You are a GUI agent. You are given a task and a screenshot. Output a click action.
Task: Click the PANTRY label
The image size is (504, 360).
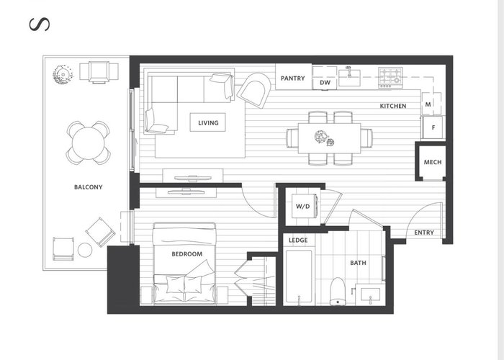coord(292,78)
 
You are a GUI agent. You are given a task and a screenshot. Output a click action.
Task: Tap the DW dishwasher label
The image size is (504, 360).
coord(325,83)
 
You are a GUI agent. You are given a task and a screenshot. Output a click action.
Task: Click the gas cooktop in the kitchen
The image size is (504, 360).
coord(390,78)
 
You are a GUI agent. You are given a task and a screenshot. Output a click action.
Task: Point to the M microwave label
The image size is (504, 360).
coord(428,104)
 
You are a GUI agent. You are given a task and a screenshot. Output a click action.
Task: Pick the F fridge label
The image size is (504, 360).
coord(433,127)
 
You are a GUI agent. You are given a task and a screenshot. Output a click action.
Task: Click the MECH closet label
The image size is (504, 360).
coord(433,162)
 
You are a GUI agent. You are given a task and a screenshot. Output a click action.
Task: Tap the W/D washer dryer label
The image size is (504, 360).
coord(303,207)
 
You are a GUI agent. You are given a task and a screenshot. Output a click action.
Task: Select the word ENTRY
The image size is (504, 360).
coord(424,233)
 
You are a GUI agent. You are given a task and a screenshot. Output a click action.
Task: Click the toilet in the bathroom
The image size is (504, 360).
coord(338,292)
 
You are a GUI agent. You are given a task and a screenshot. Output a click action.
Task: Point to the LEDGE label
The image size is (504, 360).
coord(298,240)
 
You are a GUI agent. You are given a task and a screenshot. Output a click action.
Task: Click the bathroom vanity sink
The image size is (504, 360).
coord(370,295)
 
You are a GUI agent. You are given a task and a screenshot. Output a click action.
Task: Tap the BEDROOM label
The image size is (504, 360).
coord(187,254)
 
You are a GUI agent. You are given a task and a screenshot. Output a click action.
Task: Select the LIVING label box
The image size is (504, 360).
coord(208,122)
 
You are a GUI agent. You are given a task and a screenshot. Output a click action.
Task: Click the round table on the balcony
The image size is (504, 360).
coord(89,143)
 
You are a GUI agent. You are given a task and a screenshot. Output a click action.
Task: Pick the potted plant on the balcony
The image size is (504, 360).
coord(63,75)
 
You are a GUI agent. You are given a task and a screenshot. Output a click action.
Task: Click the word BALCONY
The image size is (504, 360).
coord(89,187)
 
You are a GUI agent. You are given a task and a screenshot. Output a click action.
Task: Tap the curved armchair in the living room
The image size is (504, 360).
coord(254,90)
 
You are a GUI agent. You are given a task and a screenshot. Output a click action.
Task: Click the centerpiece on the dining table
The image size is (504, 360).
coord(324,138)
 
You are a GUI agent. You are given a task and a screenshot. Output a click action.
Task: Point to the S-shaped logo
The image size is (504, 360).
coord(40,24)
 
